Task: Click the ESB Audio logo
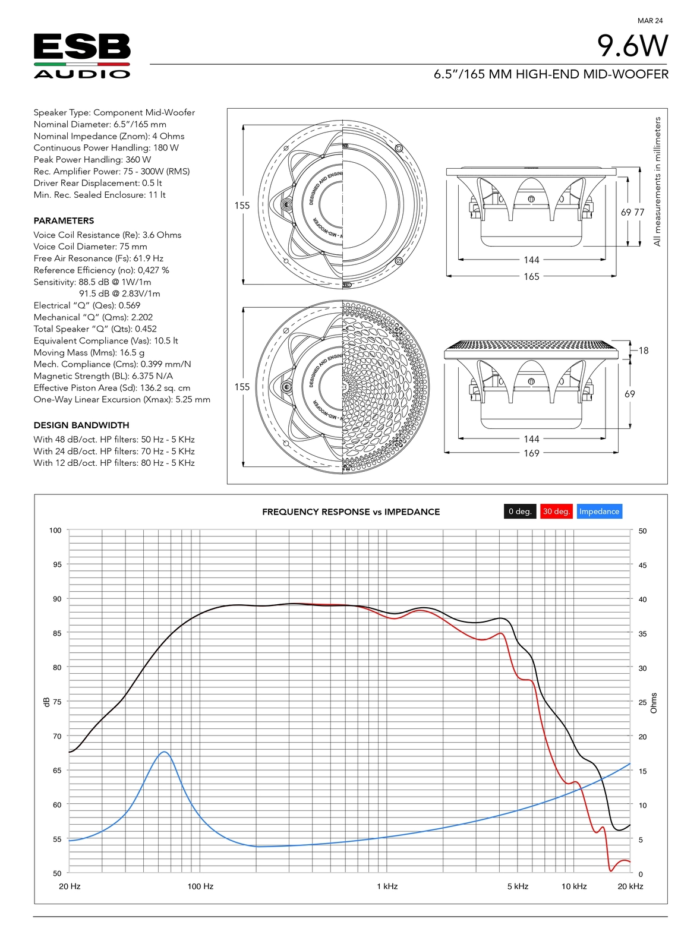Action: coord(82,56)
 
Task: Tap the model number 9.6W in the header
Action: coord(632,46)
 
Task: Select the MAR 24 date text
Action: coord(650,21)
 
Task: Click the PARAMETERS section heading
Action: coord(64,220)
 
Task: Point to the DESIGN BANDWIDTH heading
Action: coord(81,425)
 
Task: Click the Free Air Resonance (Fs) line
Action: coord(98,258)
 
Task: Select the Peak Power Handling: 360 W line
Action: coord(92,160)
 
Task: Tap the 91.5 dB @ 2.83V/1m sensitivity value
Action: coord(119,293)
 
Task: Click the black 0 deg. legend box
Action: coord(520,512)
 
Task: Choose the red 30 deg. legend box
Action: coord(556,512)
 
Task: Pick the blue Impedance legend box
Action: coord(599,512)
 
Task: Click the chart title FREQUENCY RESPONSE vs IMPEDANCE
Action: coord(351,512)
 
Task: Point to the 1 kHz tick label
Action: coord(387,886)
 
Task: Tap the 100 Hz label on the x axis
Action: coord(200,886)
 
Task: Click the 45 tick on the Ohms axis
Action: coord(642,566)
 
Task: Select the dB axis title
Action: coord(47,702)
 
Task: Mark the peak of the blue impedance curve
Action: coord(165,752)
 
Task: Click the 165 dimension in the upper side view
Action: coord(531,277)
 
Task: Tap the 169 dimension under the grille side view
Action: coord(531,453)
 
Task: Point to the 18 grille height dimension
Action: coord(644,351)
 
